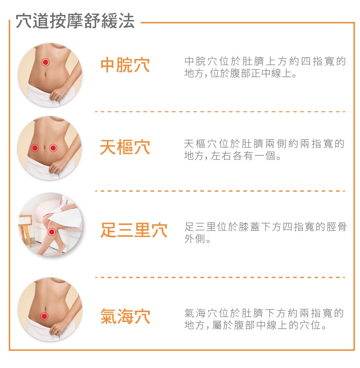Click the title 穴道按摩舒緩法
tap(75, 21)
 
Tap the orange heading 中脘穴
tap(125, 65)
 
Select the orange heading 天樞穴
tap(125, 147)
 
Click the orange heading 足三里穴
tap(134, 230)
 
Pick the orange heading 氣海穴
tap(125, 316)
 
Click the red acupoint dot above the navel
tap(46, 62)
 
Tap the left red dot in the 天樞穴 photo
tap(35, 148)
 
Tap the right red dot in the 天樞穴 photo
tap(53, 148)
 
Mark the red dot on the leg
tap(52, 232)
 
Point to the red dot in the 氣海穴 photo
tap(44, 316)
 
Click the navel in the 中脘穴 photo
tap(45, 74)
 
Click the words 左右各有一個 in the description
tap(243, 156)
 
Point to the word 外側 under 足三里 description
tap(195, 239)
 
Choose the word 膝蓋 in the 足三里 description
tap(249, 227)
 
